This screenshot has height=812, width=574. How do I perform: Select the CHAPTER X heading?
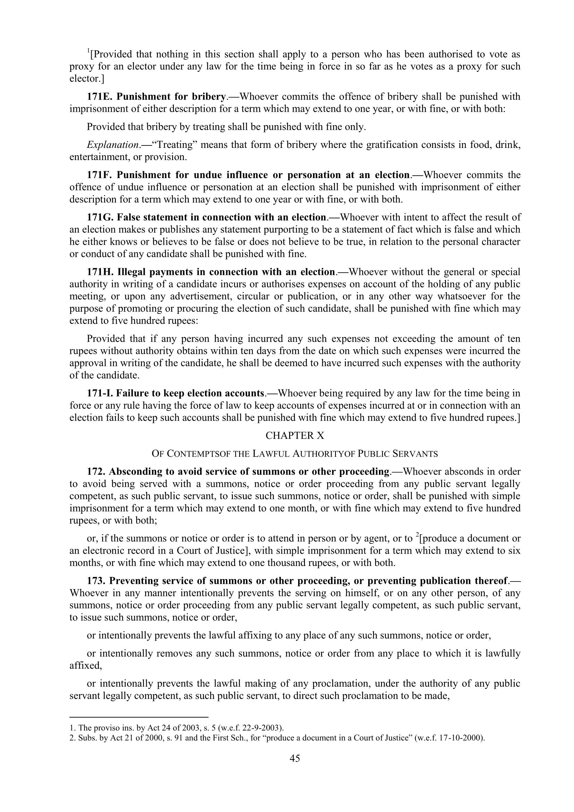click(294, 435)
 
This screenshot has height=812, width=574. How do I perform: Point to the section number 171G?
click(100, 217)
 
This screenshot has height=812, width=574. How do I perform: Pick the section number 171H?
click(100, 272)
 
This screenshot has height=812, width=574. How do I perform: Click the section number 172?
click(96, 472)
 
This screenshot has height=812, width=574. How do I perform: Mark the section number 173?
click(96, 581)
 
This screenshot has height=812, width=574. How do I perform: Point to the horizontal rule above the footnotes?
click(139, 717)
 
